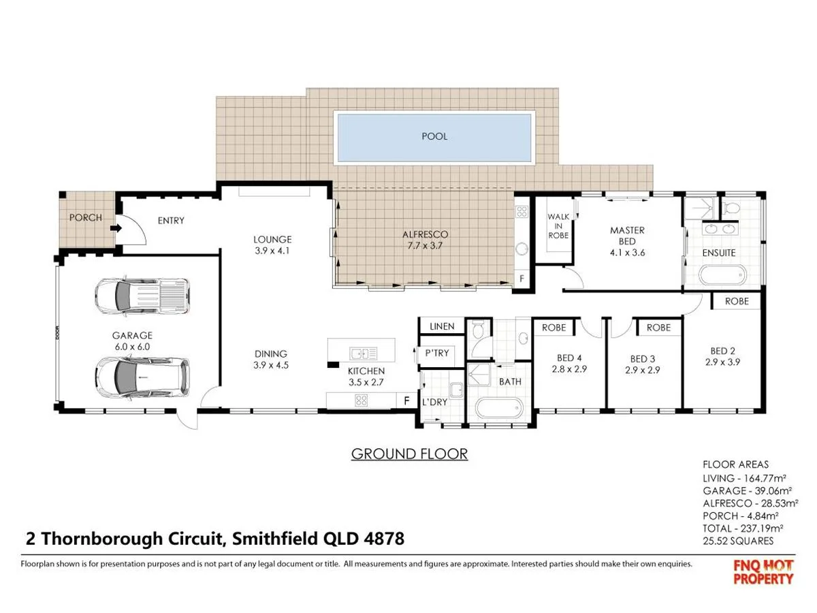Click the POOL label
[x=434, y=136]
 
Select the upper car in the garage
[x=140, y=294]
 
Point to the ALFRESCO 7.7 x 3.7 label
[x=426, y=240]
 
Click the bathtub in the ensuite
[x=723, y=276]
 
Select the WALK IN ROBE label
[x=558, y=226]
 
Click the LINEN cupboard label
[x=442, y=327]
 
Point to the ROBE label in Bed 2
[x=737, y=301]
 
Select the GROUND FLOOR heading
[x=409, y=454]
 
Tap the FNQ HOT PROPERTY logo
[x=763, y=572]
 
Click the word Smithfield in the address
[x=274, y=539]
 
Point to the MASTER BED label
[x=627, y=236]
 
